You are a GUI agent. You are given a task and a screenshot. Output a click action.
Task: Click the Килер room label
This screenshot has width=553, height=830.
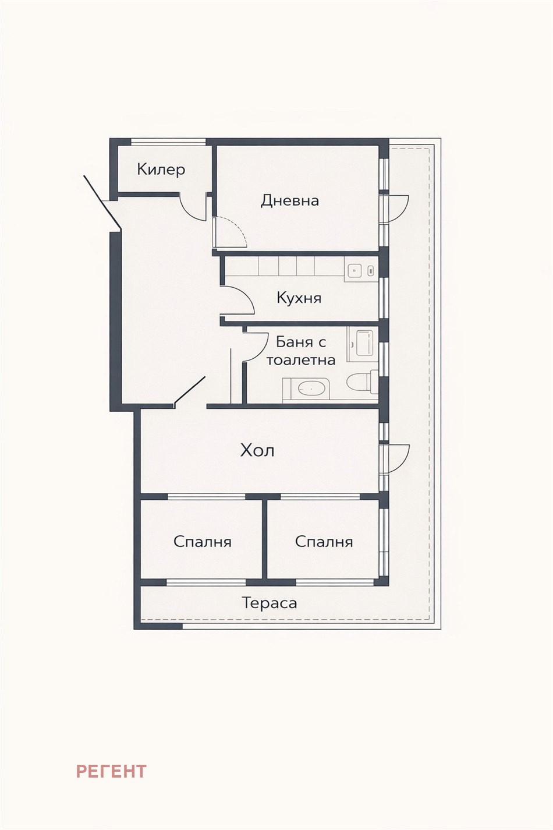161,169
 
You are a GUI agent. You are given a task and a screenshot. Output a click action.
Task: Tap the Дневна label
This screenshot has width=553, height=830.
289,201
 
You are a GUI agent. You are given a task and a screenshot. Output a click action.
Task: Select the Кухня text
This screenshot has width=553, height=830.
299,298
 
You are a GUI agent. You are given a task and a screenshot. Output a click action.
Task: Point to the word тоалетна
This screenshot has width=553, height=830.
301,360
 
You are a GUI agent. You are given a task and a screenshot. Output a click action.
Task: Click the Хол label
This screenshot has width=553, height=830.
257,450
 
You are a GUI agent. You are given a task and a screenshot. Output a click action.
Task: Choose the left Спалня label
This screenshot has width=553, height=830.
202,542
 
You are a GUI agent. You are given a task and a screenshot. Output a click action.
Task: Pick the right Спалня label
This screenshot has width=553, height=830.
324,542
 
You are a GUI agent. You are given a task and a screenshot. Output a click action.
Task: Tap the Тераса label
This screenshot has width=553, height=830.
270,603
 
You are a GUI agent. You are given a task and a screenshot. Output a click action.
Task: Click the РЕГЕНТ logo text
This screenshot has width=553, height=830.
111,771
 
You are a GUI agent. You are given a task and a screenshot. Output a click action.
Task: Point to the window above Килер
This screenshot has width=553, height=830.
168,142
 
